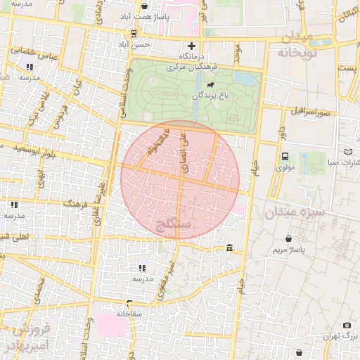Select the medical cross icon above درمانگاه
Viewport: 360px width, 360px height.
click(191, 46)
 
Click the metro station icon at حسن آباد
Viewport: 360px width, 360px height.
click(133, 34)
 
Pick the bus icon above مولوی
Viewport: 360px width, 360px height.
click(285, 157)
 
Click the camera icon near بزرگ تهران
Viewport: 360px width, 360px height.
click(347, 325)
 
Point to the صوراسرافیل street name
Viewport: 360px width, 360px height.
click(308, 112)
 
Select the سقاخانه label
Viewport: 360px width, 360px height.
click(130, 314)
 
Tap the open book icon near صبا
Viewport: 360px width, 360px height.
click(349, 151)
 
